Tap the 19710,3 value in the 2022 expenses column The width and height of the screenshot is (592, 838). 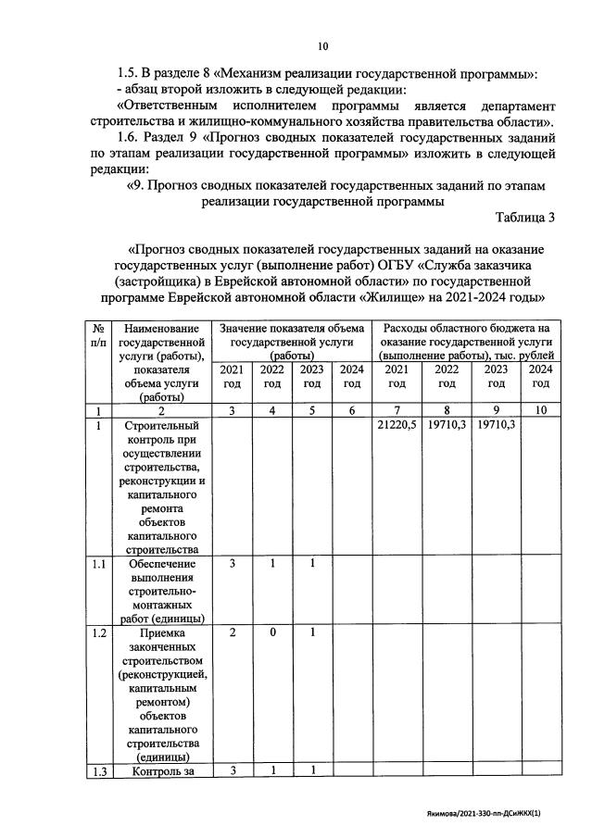pos(446,424)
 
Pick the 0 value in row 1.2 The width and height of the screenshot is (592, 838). pos(271,632)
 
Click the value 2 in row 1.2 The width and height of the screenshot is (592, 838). pos(233,632)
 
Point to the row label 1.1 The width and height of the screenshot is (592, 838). pos(98,563)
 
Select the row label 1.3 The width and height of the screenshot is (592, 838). pos(98,770)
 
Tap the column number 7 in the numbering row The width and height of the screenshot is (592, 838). pos(397,410)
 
